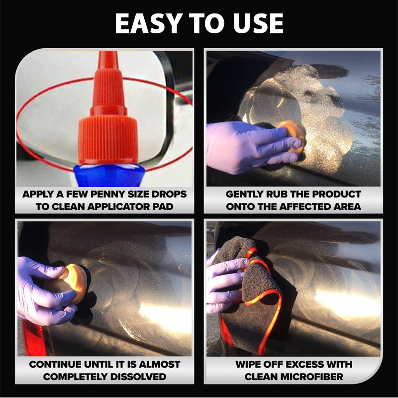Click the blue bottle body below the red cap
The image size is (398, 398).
click(109, 175)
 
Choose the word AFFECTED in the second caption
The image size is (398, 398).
click(304, 206)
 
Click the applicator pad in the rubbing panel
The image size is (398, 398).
click(293, 137)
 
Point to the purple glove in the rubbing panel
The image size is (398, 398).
click(251, 147)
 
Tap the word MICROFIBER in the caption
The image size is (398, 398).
click(294, 377)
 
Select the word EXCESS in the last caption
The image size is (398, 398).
click(303, 365)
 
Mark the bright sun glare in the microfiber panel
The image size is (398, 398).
click(348, 302)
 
